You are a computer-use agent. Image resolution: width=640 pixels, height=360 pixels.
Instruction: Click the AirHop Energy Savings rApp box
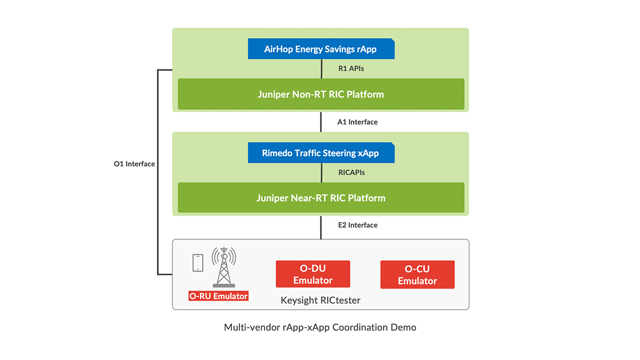(x=321, y=49)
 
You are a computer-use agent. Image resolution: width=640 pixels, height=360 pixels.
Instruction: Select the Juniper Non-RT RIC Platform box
(x=321, y=94)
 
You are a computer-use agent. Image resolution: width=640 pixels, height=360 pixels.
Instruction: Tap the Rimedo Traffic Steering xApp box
(x=321, y=153)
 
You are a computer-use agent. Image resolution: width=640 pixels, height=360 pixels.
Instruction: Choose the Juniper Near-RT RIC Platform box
(x=321, y=198)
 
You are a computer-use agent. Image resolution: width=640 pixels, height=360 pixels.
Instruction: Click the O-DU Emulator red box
(x=313, y=274)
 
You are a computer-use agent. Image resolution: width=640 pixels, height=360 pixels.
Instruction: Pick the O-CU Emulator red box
(x=417, y=275)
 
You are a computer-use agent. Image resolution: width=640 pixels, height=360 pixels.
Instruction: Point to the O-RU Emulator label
(x=219, y=296)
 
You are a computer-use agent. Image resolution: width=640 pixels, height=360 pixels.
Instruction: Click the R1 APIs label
(x=351, y=69)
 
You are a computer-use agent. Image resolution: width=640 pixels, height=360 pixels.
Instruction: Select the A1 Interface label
(x=357, y=122)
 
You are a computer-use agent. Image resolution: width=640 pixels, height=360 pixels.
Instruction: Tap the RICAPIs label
(x=351, y=173)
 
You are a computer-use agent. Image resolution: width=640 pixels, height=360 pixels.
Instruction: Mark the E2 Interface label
(x=357, y=225)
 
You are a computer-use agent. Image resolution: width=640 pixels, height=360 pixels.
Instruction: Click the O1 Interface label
(x=134, y=164)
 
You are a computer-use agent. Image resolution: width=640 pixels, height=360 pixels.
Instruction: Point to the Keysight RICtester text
(x=321, y=301)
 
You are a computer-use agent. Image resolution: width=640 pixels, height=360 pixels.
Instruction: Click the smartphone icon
(x=198, y=262)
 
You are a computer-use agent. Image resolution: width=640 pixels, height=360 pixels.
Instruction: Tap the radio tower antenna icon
(x=224, y=267)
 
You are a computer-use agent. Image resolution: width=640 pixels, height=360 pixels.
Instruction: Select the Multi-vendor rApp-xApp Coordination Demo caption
(x=320, y=327)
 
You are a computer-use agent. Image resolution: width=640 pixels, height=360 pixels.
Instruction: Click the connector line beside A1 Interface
(x=321, y=122)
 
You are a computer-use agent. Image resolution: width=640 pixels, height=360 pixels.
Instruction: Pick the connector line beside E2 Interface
(x=321, y=227)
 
